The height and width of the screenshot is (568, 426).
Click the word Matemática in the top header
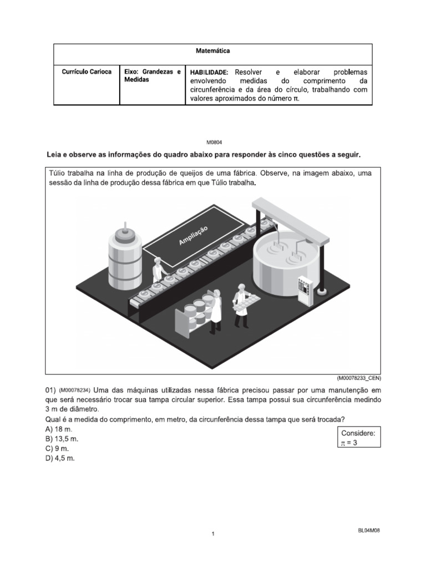click(213, 51)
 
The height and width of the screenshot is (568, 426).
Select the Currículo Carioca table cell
click(87, 72)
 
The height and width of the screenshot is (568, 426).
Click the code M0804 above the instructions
click(213, 142)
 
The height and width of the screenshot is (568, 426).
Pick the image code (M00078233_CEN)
click(358, 378)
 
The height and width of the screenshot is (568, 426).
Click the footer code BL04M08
click(369, 530)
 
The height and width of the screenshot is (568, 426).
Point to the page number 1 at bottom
click(213, 534)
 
